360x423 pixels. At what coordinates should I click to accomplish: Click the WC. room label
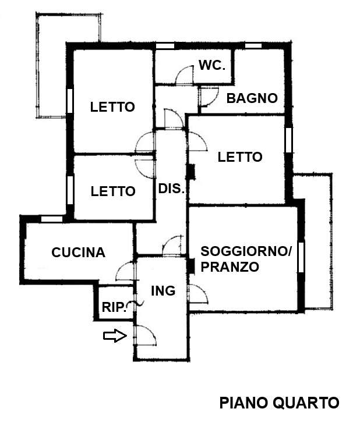click(212, 65)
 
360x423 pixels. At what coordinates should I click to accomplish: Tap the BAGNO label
click(252, 98)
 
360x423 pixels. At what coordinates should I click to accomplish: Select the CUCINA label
click(78, 253)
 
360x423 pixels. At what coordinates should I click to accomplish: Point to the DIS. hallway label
click(171, 189)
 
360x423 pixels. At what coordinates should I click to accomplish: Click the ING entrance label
click(163, 291)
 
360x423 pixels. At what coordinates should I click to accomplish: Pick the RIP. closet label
click(114, 307)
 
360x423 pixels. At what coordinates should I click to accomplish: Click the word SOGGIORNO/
click(246, 251)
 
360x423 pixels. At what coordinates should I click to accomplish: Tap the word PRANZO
click(230, 267)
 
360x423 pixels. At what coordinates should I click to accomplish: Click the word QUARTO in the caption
click(306, 403)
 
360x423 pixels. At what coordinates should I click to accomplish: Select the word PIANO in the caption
click(244, 403)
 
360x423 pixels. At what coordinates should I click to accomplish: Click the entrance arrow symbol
click(115, 336)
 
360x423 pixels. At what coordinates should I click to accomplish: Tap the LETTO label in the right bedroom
click(240, 157)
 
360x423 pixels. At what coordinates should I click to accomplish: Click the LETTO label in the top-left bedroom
click(112, 107)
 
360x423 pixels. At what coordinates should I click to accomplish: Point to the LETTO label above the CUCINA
click(113, 191)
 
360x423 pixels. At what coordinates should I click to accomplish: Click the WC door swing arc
click(185, 75)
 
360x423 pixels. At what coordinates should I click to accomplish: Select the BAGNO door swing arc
click(209, 97)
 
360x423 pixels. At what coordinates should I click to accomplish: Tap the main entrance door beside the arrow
click(145, 335)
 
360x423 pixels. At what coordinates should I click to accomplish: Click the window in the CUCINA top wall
click(52, 219)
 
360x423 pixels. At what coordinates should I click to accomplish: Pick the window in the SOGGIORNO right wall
click(301, 257)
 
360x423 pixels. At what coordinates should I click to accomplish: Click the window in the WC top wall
click(165, 46)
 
